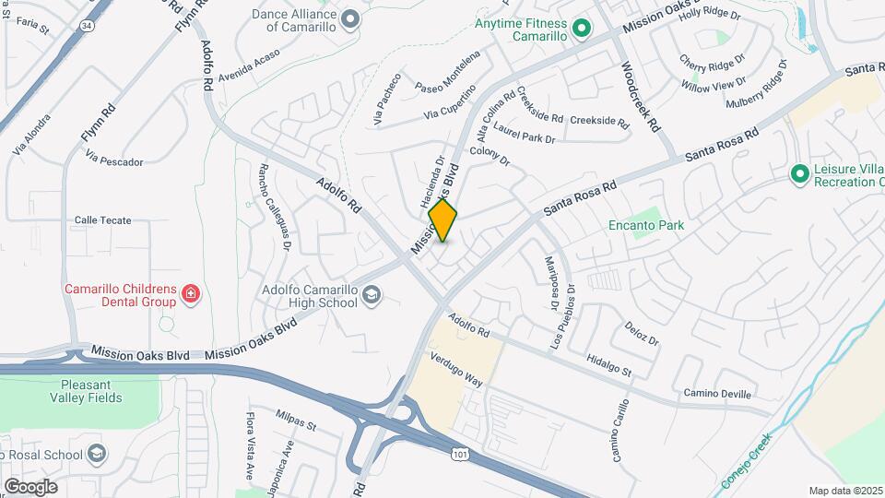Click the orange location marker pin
coord(442,220)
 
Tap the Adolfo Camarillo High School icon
coord(372,295)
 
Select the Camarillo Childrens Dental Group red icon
coord(190,294)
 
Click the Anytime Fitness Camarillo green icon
coord(581,29)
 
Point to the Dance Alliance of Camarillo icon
coord(349,18)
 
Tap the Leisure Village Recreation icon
coord(799,173)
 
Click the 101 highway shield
coord(458,454)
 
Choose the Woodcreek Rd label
coord(642,95)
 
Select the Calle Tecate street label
coord(103,220)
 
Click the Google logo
coord(30,486)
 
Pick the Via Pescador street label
coord(114,161)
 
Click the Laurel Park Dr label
coord(525,133)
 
